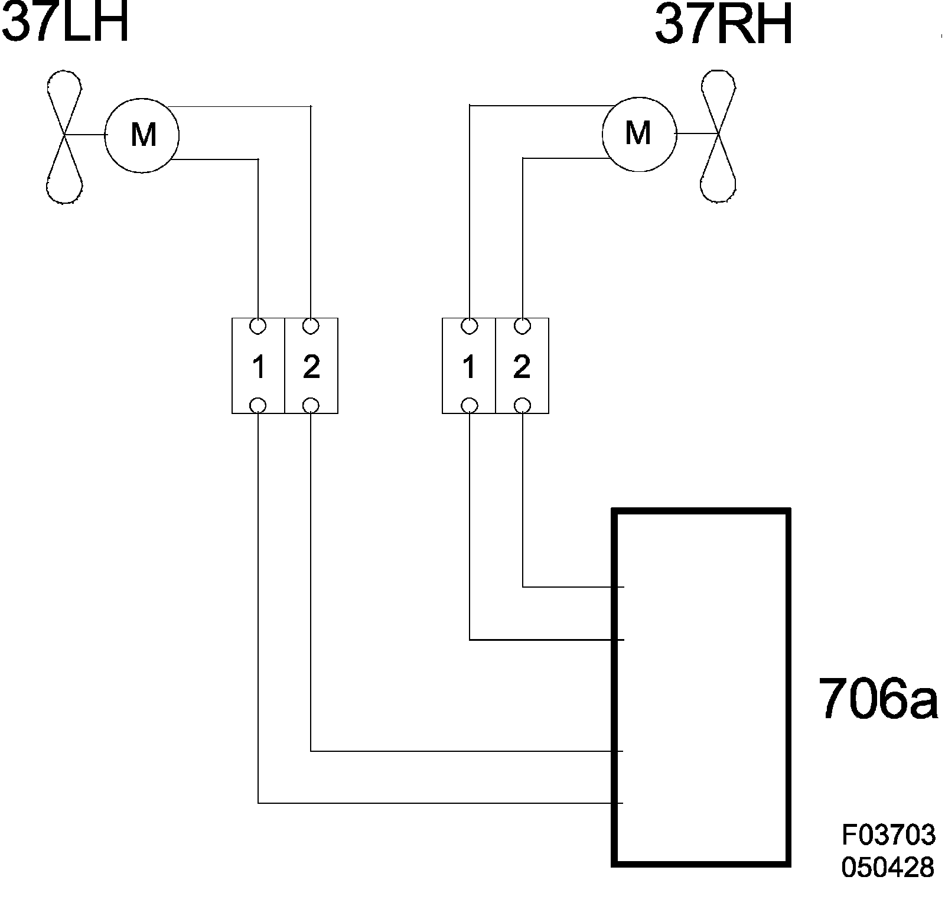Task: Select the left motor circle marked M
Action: pyautogui.click(x=142, y=135)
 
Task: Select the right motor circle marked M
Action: pyautogui.click(x=638, y=133)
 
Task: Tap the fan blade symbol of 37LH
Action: pyautogui.click(x=64, y=136)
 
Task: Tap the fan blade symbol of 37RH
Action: pyautogui.click(x=718, y=136)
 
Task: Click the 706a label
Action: pyautogui.click(x=878, y=699)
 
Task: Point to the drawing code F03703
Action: pyautogui.click(x=888, y=835)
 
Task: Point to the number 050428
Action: pyautogui.click(x=888, y=867)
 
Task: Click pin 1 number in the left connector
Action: pyautogui.click(x=258, y=367)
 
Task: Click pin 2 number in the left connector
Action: pyautogui.click(x=311, y=367)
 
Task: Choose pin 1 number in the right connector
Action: pyautogui.click(x=469, y=367)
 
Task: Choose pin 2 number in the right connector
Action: pyautogui.click(x=522, y=367)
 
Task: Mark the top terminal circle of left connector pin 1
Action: pyautogui.click(x=258, y=325)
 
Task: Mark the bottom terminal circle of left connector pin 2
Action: pyautogui.click(x=311, y=405)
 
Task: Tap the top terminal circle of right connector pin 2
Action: pyautogui.click(x=522, y=325)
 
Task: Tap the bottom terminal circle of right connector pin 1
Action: pyautogui.click(x=469, y=405)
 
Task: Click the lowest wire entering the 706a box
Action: pyautogui.click(x=437, y=803)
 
